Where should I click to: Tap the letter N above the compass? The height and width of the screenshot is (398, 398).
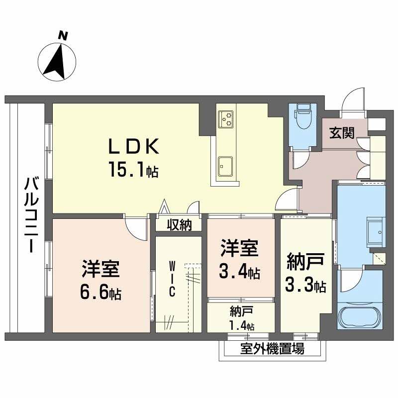coord(62,35)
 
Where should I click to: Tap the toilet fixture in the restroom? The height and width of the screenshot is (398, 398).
coord(302,118)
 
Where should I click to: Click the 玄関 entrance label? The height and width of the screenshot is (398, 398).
coord(342,133)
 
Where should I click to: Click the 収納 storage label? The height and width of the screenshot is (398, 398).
coord(179,225)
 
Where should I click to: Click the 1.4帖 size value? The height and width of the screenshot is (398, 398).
coord(242,326)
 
